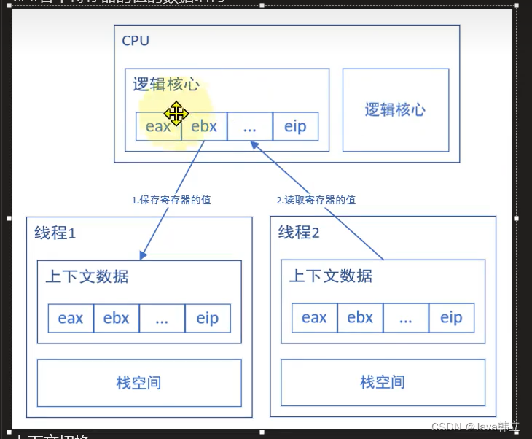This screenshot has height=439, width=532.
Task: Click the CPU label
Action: pos(136,40)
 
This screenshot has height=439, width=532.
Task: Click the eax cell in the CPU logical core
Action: pos(158,126)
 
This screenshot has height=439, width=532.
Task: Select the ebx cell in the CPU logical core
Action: pos(204,126)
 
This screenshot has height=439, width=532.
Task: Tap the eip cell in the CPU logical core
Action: pos(295,126)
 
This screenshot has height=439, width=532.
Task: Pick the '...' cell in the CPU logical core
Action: pos(250,126)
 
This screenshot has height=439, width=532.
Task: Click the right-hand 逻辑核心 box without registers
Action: pos(395,110)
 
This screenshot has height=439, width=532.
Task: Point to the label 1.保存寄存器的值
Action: pos(171,200)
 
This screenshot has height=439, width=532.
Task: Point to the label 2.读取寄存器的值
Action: pos(316,200)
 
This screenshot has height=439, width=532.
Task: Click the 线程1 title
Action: pos(55,233)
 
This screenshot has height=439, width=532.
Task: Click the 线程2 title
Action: pos(299,233)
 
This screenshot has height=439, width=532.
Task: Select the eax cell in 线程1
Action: pos(71,319)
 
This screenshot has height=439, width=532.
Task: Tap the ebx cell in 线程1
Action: pos(117,319)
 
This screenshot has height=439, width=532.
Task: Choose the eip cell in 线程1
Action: pos(208,319)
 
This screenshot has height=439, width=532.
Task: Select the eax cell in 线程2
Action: pos(314,318)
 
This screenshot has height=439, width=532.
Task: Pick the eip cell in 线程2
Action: pos(451,318)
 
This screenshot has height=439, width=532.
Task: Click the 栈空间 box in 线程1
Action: pos(138,382)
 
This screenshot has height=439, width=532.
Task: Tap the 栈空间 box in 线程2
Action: pos(383,382)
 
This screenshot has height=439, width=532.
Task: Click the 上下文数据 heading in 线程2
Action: pos(331,276)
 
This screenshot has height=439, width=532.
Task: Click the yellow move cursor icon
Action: pos(176,114)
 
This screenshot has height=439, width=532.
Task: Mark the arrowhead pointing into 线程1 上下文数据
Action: pos(143,256)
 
